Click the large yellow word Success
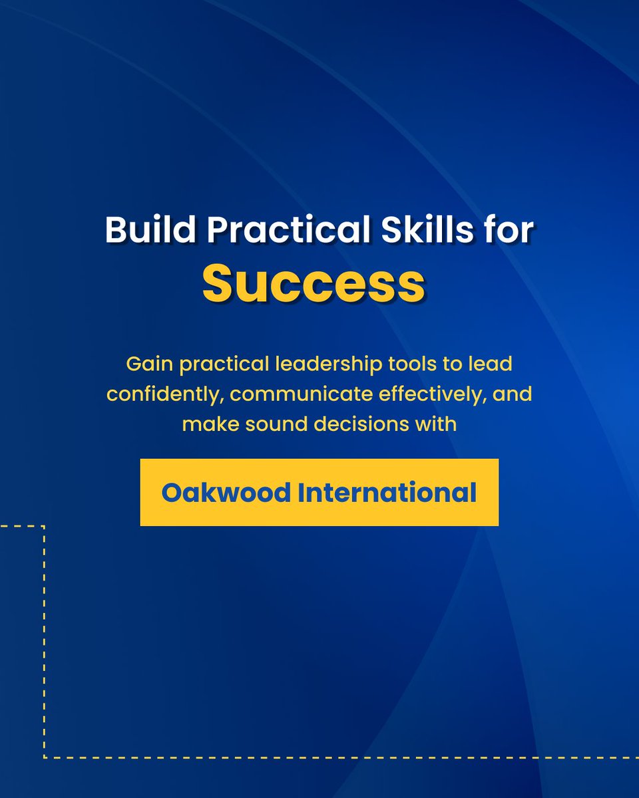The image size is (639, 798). [x=314, y=284]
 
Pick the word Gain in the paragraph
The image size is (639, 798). [x=144, y=364]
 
